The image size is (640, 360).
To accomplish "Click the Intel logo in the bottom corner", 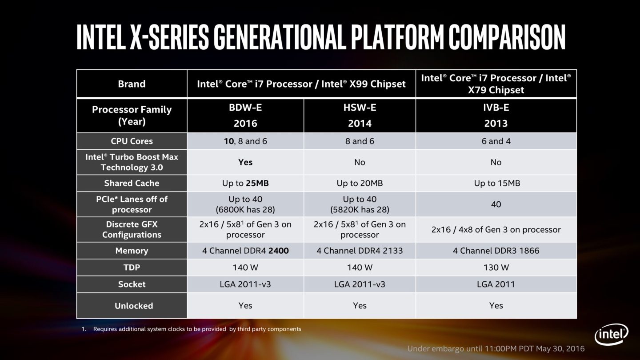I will pyautogui.click(x=612, y=335).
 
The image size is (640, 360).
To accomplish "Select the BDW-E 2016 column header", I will pyautogui.click(x=245, y=116).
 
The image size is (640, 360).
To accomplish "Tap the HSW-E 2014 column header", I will pyautogui.click(x=360, y=116).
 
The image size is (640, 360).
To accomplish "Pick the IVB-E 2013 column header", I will pyautogui.click(x=496, y=116).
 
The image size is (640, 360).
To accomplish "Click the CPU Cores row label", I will pyautogui.click(x=132, y=141).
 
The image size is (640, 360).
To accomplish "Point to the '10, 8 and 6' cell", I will pyautogui.click(x=245, y=141).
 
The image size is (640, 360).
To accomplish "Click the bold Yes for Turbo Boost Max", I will pyautogui.click(x=245, y=162).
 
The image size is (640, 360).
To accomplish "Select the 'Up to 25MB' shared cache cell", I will pyautogui.click(x=245, y=183).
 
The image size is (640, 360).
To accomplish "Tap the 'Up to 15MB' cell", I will pyautogui.click(x=496, y=183).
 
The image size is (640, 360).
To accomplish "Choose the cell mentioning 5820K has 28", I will pyautogui.click(x=360, y=204).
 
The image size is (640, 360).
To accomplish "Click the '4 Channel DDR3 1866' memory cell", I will pyautogui.click(x=496, y=251).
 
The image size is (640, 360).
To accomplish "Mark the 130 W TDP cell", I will pyautogui.click(x=496, y=268).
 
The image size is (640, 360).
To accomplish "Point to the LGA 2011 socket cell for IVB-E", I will pyautogui.click(x=496, y=284).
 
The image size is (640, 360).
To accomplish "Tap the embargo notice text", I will pyautogui.click(x=496, y=348).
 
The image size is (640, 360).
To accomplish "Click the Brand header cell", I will pyautogui.click(x=132, y=84).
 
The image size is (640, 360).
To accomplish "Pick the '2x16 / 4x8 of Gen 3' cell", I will pyautogui.click(x=496, y=230).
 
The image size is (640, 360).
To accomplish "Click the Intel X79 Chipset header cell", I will pyautogui.click(x=496, y=84).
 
